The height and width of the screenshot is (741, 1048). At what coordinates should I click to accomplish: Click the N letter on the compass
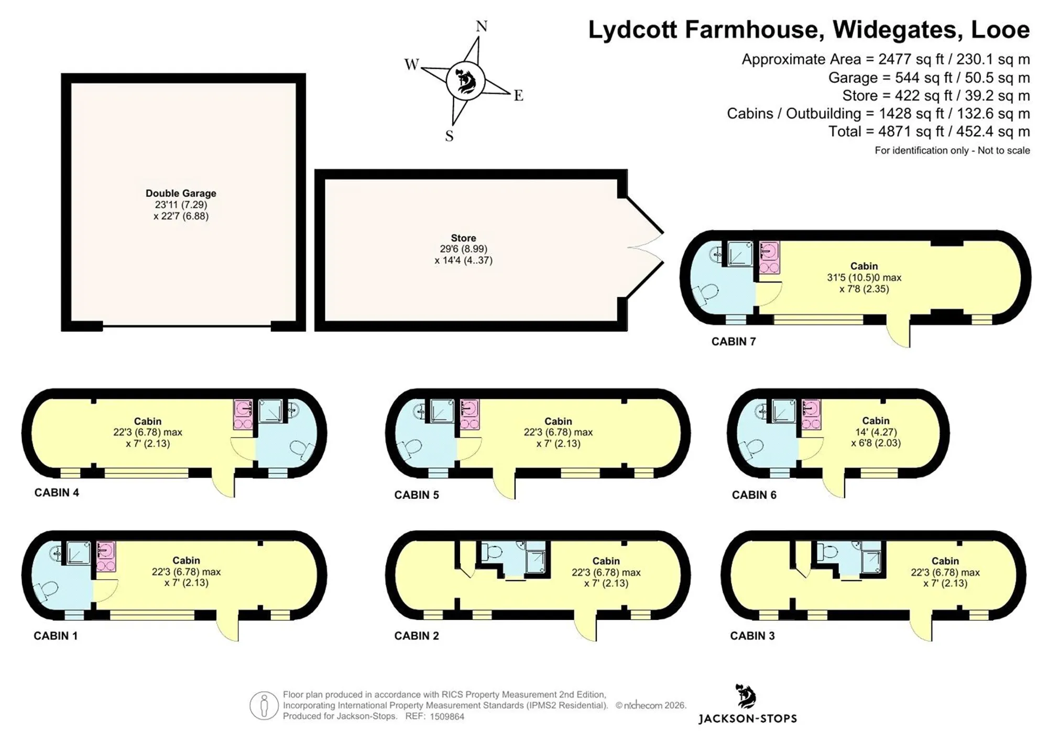point(482,26)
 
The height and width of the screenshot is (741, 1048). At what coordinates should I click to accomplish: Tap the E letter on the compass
point(518,95)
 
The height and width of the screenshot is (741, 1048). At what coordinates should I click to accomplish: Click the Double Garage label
point(181,193)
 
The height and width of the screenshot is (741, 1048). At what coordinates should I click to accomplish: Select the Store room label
point(463,238)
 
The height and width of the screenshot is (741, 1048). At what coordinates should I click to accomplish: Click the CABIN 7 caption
point(734,342)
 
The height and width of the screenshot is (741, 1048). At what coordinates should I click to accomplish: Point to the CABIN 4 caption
point(57,493)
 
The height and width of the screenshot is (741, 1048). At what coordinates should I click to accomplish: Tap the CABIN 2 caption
point(417,636)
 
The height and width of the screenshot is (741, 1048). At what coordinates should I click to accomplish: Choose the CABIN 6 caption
point(754,495)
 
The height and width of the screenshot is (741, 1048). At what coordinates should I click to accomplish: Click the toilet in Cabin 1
point(46,591)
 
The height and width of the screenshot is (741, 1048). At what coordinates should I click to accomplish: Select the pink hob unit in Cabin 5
point(470,415)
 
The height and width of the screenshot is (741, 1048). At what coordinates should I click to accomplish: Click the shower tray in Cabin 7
point(739,254)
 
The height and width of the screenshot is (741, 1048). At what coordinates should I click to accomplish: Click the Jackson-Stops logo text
point(747,718)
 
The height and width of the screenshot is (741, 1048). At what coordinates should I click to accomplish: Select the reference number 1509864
point(447,716)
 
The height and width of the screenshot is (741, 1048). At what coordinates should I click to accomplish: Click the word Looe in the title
point(1000,30)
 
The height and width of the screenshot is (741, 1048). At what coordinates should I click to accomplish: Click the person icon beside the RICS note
point(264,705)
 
